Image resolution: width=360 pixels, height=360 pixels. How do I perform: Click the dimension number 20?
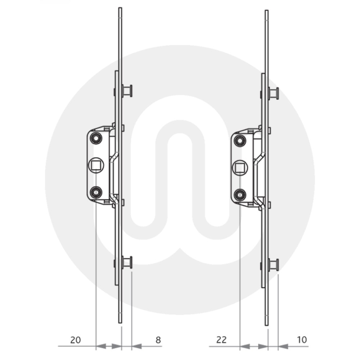75,340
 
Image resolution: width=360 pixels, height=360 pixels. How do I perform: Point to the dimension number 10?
302,339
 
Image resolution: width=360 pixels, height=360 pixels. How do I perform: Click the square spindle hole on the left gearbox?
96,166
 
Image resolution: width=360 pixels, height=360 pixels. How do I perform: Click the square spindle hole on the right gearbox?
239,167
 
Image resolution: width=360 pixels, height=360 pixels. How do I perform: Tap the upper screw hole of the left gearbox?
96,138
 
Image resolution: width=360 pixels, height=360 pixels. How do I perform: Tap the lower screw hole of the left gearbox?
96,192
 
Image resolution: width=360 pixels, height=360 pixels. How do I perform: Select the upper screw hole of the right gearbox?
239,141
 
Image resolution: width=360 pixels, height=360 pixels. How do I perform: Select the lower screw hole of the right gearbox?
239,195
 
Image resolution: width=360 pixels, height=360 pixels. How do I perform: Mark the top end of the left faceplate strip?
120,9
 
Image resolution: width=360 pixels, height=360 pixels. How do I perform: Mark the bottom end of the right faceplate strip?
267,324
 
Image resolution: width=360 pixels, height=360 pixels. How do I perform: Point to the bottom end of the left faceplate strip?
120,322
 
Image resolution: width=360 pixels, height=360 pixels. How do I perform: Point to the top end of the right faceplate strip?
267,11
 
